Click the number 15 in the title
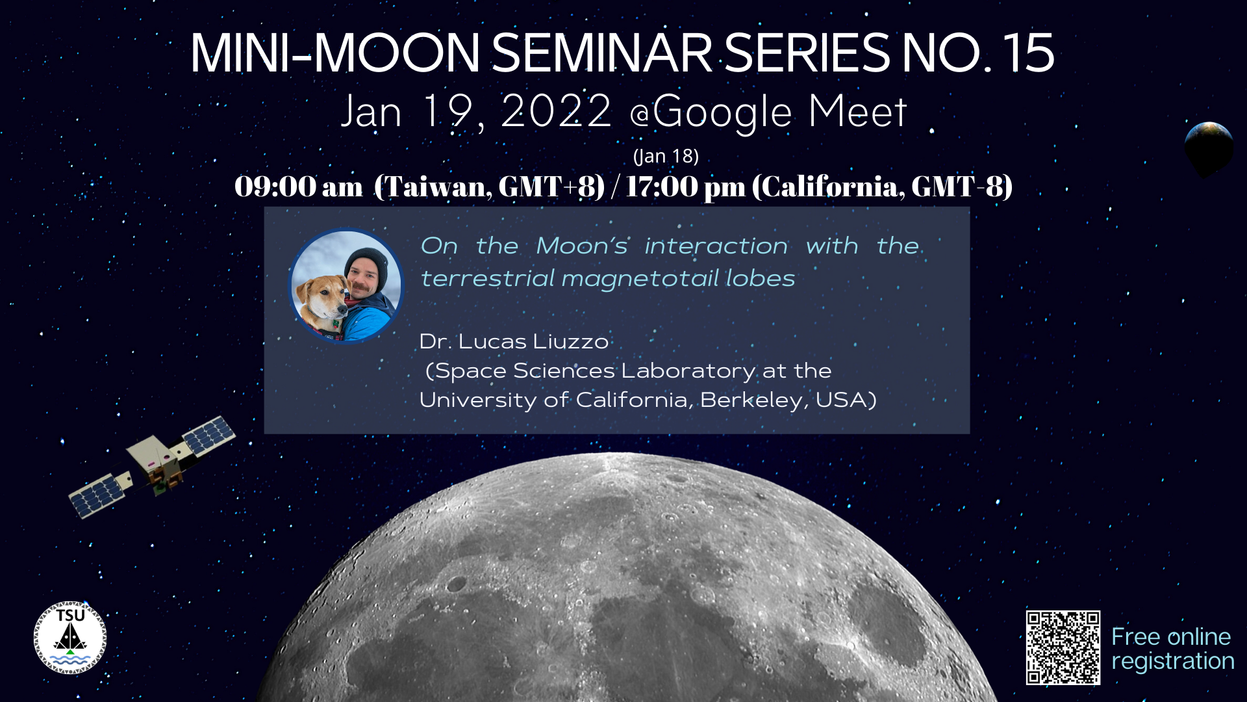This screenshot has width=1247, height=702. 1028,53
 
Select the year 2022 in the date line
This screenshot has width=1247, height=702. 557,111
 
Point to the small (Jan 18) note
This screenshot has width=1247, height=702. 666,157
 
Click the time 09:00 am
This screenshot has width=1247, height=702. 299,187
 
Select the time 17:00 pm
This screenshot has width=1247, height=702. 686,187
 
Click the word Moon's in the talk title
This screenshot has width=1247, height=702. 582,246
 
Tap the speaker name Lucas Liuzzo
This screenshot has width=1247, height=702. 533,341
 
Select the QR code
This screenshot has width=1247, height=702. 1063,647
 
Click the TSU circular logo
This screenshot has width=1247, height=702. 70,638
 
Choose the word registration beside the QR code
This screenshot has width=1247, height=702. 1173,662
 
